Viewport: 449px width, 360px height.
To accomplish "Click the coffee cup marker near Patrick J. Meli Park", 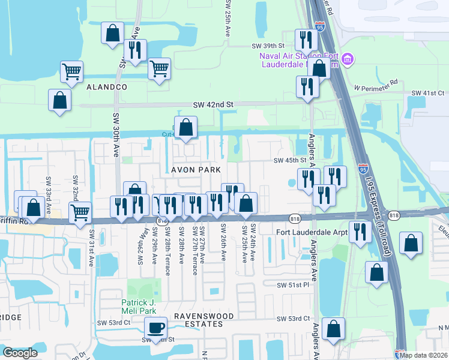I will [156, 328].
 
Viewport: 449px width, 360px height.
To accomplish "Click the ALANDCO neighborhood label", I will [107, 87].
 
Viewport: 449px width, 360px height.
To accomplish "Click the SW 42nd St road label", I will [212, 104].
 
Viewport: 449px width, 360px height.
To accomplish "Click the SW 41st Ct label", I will [427, 94].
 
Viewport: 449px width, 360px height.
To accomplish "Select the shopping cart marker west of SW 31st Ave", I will [80, 212].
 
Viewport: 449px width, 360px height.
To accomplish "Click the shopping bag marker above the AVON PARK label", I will [185, 127].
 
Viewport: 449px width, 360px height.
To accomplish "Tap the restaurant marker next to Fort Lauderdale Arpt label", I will [360, 232].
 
